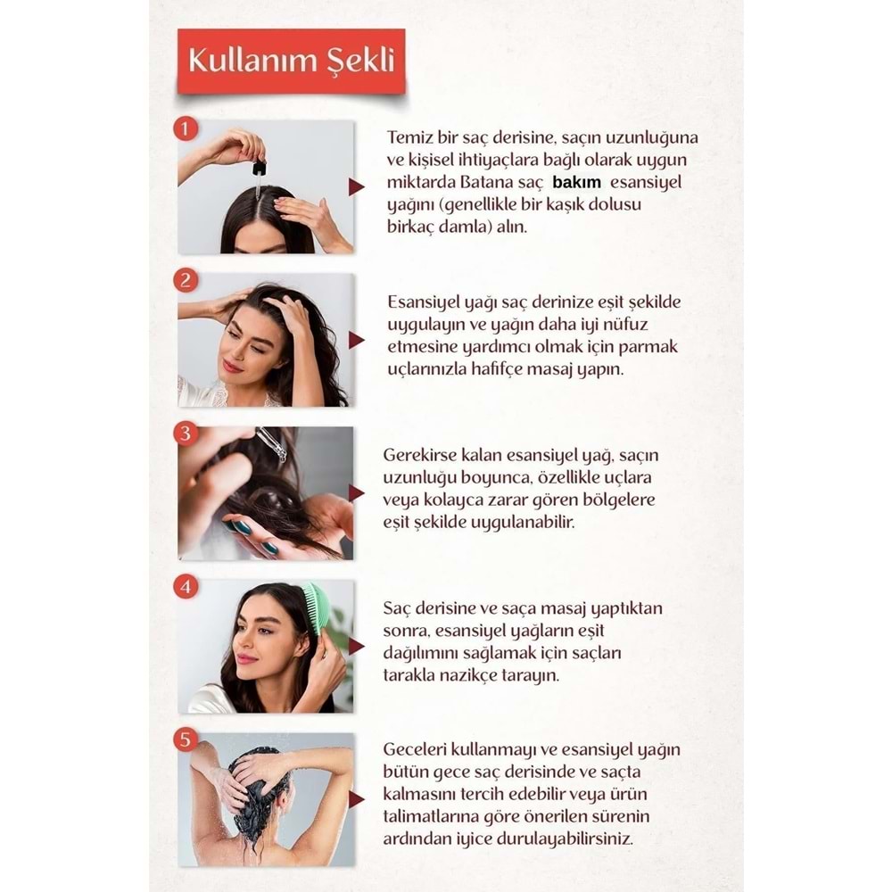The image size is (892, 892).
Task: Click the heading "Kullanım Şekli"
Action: pyautogui.click(x=290, y=60)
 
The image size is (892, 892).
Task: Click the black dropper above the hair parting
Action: pyautogui.click(x=260, y=167)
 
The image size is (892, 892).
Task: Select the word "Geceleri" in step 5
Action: pyautogui.click(x=416, y=751)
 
